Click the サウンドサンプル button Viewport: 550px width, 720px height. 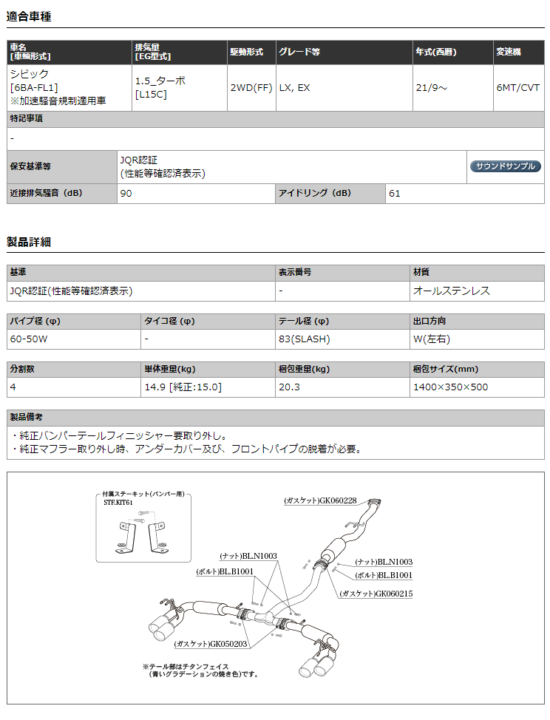tap(506, 166)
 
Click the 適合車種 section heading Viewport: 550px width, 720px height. tap(29, 16)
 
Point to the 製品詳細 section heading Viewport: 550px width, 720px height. tap(29, 242)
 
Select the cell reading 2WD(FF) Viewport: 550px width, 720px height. tap(251, 87)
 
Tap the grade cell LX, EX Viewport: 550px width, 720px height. tap(294, 87)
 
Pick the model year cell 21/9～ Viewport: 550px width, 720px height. tap(431, 87)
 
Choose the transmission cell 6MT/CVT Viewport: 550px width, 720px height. tap(518, 87)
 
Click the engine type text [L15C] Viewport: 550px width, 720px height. tap(151, 95)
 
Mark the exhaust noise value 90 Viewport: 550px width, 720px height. tap(126, 194)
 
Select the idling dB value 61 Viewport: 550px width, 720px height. tap(395, 194)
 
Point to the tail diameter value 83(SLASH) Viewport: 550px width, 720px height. tap(304, 339)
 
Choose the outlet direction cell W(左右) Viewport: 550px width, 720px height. tap(432, 339)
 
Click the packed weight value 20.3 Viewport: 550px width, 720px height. tap(289, 387)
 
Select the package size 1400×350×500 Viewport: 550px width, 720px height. tap(451, 387)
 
